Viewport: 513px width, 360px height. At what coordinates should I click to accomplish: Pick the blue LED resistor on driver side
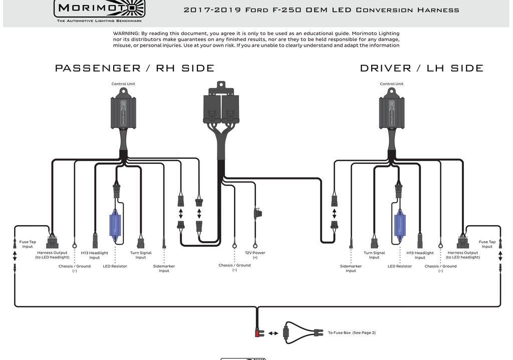(400, 223)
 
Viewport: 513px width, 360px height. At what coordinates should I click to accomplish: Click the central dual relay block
(220, 105)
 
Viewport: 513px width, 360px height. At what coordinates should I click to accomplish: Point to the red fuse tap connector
(259, 333)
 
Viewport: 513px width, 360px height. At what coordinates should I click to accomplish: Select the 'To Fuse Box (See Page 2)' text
(352, 333)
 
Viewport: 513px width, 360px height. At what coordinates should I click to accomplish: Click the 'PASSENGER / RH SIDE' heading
(134, 68)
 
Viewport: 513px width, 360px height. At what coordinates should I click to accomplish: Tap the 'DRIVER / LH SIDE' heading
(421, 68)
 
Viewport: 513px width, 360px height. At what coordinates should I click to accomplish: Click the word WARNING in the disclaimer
(126, 33)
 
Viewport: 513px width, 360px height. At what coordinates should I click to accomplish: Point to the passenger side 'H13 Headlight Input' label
(94, 255)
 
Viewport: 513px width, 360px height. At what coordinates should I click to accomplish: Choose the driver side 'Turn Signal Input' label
(374, 255)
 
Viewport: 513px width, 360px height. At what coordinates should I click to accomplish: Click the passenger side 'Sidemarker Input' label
(164, 269)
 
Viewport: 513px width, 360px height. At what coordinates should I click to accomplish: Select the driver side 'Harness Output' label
(463, 255)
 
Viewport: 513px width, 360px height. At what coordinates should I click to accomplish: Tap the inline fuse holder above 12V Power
(259, 213)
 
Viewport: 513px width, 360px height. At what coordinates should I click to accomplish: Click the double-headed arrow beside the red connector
(273, 333)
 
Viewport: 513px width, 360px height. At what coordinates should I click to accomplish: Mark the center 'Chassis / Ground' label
(234, 268)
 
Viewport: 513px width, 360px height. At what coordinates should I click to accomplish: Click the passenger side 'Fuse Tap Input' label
(28, 244)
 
